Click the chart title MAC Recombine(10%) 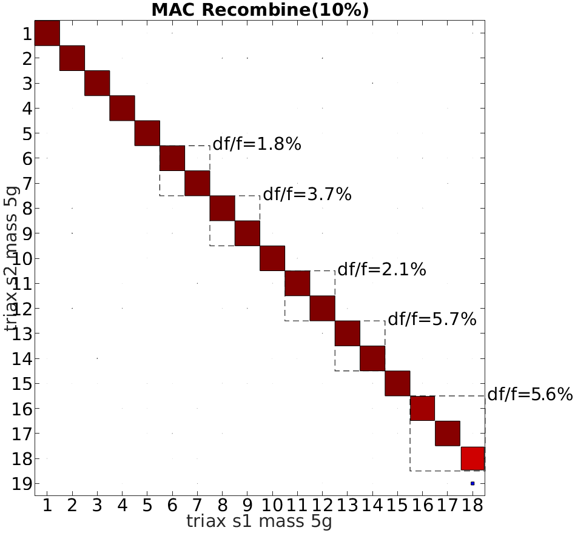(260, 10)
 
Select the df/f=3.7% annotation (307, 195)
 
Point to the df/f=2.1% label (382, 269)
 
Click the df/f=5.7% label (432, 319)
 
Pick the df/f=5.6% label (530, 395)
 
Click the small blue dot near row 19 (472, 483)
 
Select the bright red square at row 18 (472, 458)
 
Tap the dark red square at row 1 (47, 33)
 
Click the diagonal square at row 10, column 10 (272, 258)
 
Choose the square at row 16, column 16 (422, 408)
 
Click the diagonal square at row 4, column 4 (122, 108)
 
